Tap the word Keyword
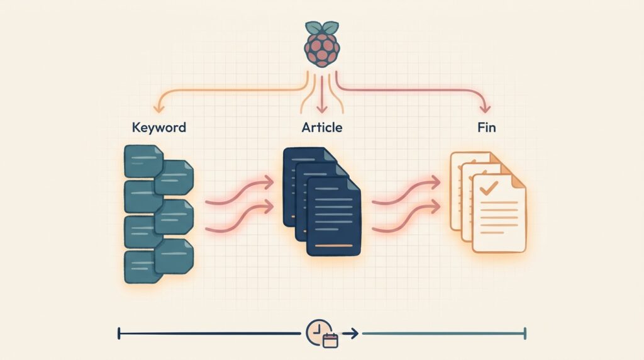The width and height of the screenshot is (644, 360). point(159,127)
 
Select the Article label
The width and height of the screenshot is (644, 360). point(322,127)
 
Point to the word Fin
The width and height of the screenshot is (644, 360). point(487,127)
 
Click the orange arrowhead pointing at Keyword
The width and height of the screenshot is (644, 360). point(158,108)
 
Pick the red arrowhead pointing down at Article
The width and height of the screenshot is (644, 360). point(322,108)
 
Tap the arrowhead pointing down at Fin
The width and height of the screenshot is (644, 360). point(486,108)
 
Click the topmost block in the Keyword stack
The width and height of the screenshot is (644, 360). point(143,161)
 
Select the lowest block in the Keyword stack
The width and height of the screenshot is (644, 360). point(143,267)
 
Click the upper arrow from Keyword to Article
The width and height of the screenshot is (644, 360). point(240,191)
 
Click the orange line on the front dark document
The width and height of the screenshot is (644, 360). point(333,245)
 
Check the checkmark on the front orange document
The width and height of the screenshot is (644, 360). point(489,188)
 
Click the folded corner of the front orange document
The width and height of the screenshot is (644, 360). point(518,182)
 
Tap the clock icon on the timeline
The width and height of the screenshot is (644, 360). point(319,332)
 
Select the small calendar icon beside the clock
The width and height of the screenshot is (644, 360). point(330,340)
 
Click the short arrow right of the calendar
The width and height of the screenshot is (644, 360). point(350,334)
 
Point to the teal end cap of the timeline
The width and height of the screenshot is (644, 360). point(525,334)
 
